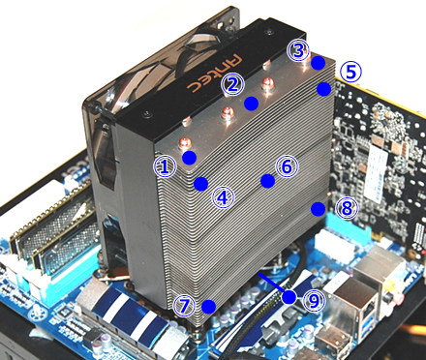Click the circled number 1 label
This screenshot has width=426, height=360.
[166, 166]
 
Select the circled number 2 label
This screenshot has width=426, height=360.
[230, 84]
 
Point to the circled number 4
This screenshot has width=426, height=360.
[223, 197]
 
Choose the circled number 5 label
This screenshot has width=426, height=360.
[350, 71]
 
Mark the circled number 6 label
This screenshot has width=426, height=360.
[285, 166]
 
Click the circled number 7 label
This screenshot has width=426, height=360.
[185, 306]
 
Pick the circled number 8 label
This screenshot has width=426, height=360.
[346, 207]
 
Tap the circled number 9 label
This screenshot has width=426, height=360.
[312, 300]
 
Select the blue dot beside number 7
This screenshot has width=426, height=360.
[208, 307]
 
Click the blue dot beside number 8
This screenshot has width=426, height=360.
[319, 207]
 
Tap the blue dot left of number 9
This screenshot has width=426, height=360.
[289, 295]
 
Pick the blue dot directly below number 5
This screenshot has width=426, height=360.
[324, 89]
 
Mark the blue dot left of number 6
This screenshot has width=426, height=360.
[265, 180]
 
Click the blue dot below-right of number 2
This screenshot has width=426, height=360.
[251, 102]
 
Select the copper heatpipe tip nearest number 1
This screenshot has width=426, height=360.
[180, 143]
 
